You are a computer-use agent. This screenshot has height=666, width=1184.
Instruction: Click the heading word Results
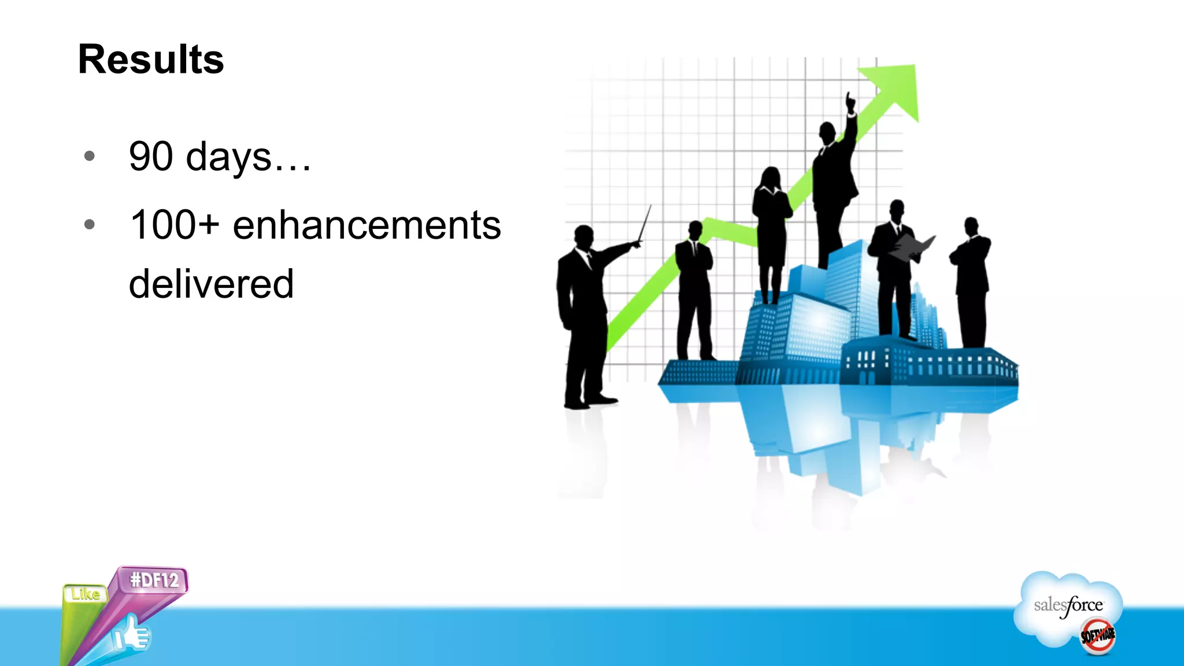point(151,60)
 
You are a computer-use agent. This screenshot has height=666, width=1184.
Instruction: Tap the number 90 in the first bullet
point(151,156)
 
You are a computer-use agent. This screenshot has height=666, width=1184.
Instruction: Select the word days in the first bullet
point(228,157)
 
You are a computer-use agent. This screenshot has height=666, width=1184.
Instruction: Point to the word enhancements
point(367,225)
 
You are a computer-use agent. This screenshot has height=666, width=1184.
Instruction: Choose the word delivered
point(211,284)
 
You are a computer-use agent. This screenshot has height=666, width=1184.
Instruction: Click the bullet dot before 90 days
point(89,156)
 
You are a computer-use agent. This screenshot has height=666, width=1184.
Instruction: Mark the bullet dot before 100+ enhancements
point(89,224)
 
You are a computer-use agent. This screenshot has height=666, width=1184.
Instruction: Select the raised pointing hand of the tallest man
point(850,103)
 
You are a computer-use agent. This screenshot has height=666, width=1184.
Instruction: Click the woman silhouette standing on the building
point(771,231)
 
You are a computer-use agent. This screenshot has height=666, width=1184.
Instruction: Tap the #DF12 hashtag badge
point(154,580)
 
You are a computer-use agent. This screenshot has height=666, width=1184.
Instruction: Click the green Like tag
point(85,594)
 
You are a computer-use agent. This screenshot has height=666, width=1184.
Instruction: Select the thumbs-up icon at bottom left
point(131,634)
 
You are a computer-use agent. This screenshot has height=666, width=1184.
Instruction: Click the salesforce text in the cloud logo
point(1068,605)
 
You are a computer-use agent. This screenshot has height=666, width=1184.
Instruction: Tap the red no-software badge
point(1097,636)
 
